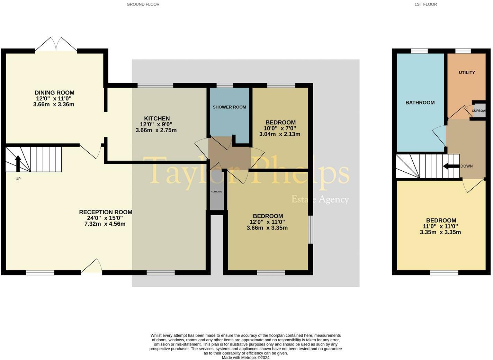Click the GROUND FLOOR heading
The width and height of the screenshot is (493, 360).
[143, 4]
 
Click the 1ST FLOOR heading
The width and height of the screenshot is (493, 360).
[425, 4]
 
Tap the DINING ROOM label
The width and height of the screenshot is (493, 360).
[54, 92]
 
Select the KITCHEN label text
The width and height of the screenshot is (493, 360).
[157, 118]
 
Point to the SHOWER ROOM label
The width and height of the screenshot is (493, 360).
[229, 107]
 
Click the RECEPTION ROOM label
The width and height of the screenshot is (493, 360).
[106, 212]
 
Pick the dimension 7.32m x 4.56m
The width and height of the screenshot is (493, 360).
[105, 224]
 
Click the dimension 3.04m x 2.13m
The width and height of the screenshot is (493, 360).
[280, 134]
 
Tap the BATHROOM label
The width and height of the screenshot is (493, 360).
[420, 102]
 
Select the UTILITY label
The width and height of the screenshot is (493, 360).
[467, 73]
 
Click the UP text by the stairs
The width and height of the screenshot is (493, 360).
[18, 179]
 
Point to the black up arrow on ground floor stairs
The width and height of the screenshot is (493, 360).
[18, 163]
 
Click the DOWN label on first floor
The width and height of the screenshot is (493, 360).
[466, 166]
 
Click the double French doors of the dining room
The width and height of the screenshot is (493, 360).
[56, 44]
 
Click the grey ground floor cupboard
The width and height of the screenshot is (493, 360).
[217, 191]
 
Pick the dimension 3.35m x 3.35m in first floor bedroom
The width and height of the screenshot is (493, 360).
[440, 232]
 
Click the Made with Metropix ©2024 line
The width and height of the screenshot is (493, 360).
[245, 358]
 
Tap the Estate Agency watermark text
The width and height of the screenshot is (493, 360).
[320, 199]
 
